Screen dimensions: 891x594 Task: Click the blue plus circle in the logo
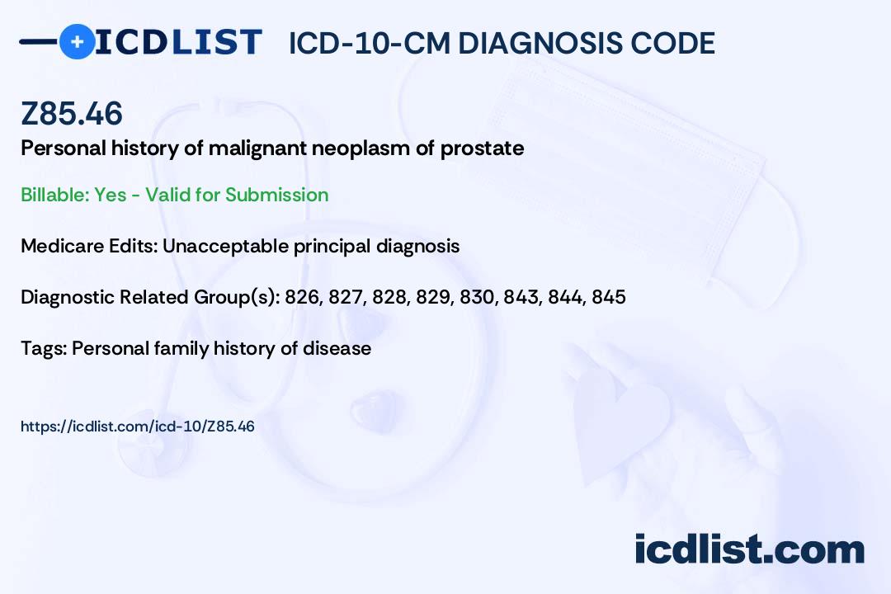pos(77,41)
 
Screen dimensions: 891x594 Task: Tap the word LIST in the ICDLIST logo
pos(216,42)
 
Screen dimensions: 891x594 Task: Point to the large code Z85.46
pos(72,113)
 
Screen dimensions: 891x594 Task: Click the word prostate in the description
pos(482,148)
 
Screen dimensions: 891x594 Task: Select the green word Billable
pos(55,195)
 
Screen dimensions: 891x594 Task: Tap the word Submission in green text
pos(276,195)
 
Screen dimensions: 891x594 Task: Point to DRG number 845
pos(609,297)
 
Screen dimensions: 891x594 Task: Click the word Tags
pos(44,348)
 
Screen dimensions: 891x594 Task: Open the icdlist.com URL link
pos(138,427)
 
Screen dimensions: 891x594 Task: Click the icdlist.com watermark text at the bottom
pos(749,549)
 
